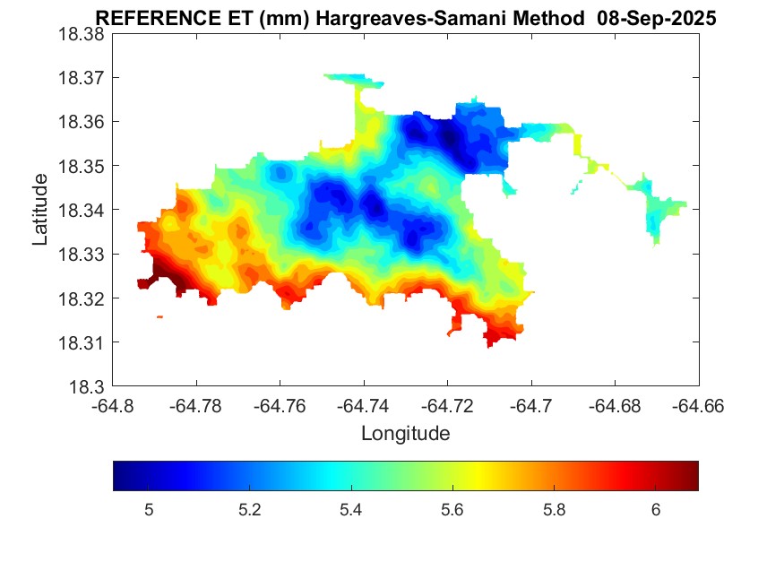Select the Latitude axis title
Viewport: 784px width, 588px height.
[x=40, y=211]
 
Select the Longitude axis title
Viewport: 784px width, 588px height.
[x=405, y=434]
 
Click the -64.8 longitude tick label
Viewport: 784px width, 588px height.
[x=113, y=406]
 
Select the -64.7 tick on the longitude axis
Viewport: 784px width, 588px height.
[x=532, y=406]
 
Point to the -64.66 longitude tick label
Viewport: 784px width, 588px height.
[x=700, y=406]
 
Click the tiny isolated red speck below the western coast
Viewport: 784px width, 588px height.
[x=159, y=316]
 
